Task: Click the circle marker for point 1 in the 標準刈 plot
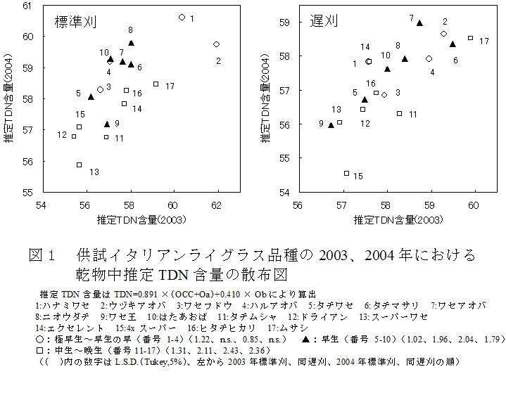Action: click(x=182, y=17)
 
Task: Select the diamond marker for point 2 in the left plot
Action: click(x=216, y=44)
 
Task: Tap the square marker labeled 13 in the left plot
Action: click(x=79, y=165)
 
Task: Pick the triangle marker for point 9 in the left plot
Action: click(x=107, y=124)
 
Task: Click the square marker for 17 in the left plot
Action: click(x=156, y=84)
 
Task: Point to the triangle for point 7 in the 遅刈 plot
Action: click(x=419, y=23)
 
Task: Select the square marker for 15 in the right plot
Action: click(x=346, y=173)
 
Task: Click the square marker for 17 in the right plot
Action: click(x=470, y=38)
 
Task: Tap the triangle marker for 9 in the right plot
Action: click(x=331, y=125)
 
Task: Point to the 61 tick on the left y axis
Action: click(x=32, y=6)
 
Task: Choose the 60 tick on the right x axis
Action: click(x=474, y=205)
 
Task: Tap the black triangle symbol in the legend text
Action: click(x=307, y=339)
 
